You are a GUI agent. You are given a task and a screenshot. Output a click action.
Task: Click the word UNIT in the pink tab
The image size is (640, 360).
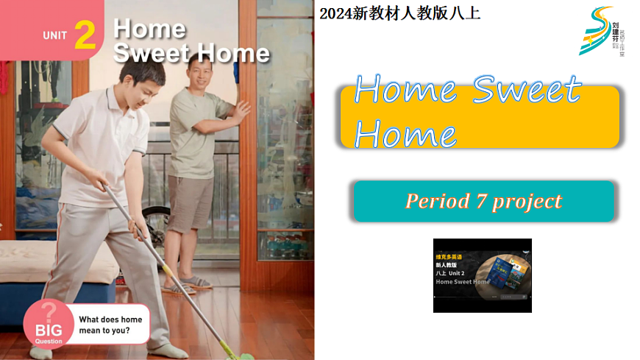tap(55, 35)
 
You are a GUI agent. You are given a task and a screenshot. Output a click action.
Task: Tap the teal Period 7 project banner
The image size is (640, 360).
tap(483, 201)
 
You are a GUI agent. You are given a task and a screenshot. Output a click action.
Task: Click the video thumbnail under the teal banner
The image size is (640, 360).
tap(482, 275)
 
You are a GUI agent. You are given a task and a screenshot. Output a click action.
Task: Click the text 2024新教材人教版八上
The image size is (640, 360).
tap(399, 13)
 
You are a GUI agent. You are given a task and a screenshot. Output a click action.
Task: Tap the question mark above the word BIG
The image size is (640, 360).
tap(48, 311)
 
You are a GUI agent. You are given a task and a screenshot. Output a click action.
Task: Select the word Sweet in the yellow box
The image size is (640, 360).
tap(527, 91)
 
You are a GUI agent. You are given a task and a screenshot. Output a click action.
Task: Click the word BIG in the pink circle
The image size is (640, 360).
tap(49, 331)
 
